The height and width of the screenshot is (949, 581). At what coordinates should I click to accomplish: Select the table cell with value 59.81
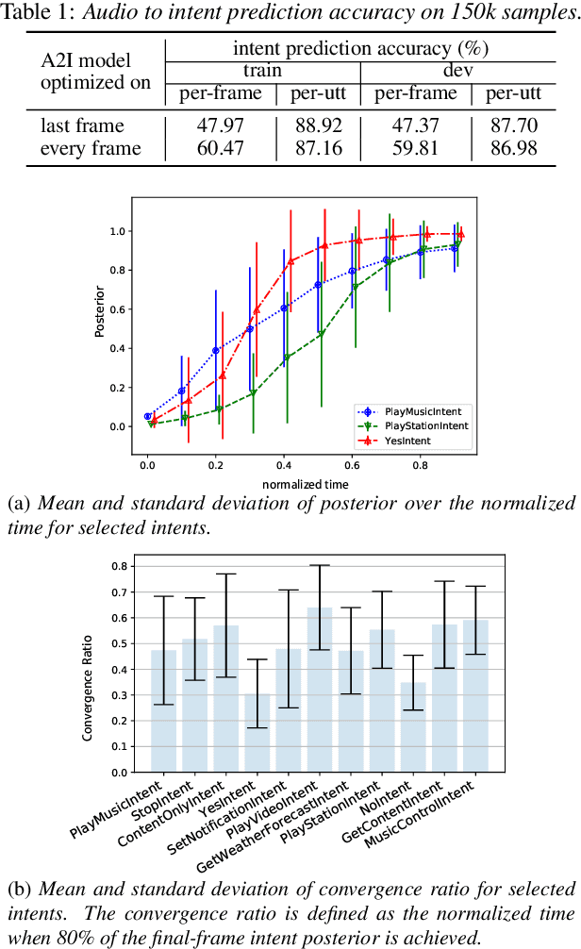(x=415, y=147)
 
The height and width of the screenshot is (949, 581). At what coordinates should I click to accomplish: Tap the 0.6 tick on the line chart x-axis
(x=352, y=466)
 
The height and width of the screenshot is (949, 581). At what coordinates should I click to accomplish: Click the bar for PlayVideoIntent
(x=320, y=690)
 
